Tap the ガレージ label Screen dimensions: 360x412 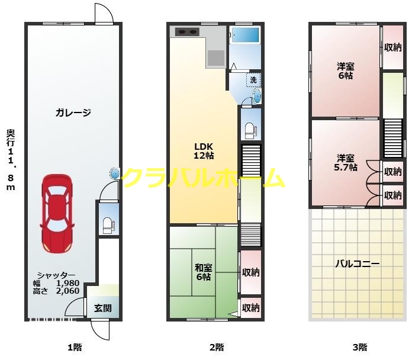pyautogui.click(x=73, y=112)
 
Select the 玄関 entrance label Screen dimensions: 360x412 pyautogui.click(x=103, y=308)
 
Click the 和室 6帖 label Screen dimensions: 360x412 pyautogui.click(x=204, y=272)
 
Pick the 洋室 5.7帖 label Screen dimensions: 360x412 pyautogui.click(x=346, y=162)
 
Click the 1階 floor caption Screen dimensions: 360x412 pyautogui.click(x=74, y=347)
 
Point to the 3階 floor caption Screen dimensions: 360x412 pyautogui.click(x=359, y=347)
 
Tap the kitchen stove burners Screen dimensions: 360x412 pyautogui.click(x=186, y=32)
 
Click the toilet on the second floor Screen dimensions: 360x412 pyautogui.click(x=250, y=128)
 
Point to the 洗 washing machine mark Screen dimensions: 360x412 pyautogui.click(x=253, y=79)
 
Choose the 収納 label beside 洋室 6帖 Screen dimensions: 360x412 pyautogui.click(x=392, y=48)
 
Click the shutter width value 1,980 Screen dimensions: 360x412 pyautogui.click(x=67, y=283)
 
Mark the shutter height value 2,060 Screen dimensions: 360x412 pyautogui.click(x=67, y=291)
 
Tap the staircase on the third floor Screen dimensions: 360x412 pyautogui.click(x=392, y=139)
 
